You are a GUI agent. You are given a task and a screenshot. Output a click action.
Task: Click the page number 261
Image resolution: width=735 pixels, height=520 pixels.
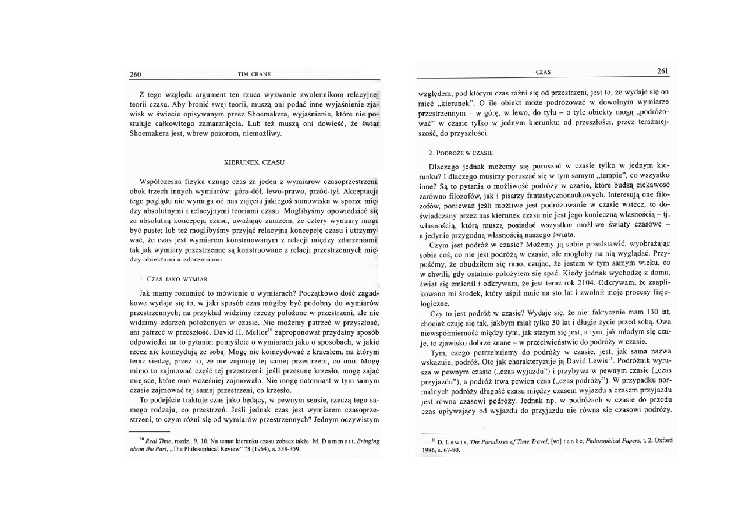662,71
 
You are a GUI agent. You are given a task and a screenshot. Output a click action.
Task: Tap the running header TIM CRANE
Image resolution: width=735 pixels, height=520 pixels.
254,74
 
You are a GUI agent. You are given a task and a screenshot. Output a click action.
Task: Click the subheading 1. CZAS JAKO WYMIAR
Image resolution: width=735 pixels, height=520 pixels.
169,279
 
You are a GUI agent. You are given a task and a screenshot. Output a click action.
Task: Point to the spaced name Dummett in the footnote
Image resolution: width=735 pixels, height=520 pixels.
324,441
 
